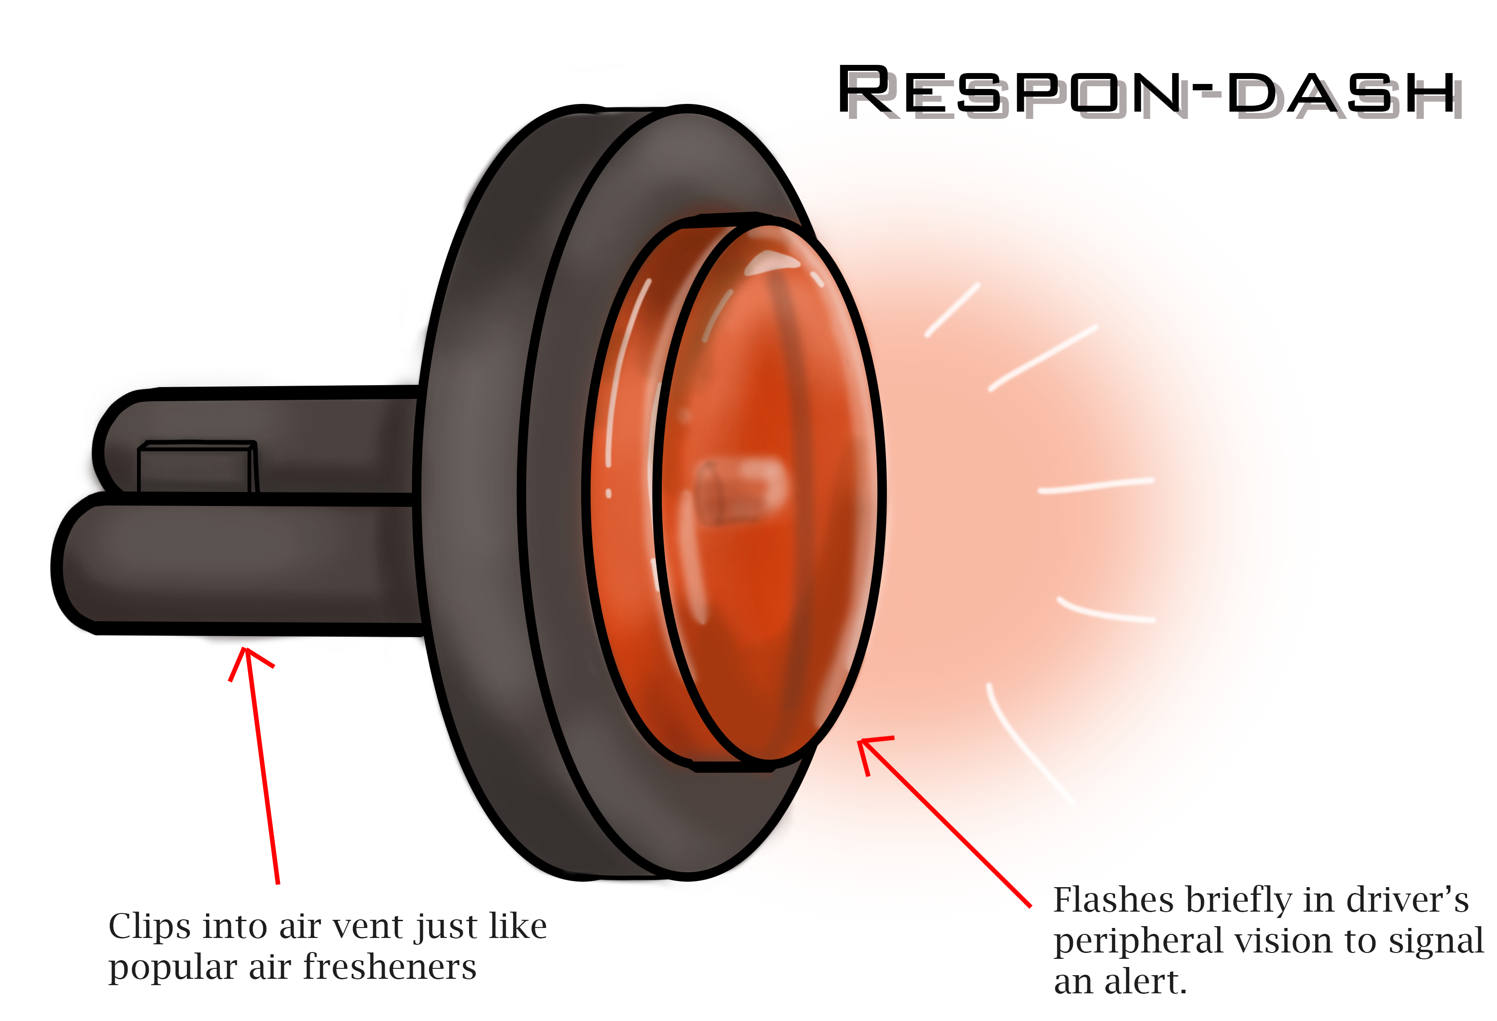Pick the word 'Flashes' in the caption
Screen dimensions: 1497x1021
1109,901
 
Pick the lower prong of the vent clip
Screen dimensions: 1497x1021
245,564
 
